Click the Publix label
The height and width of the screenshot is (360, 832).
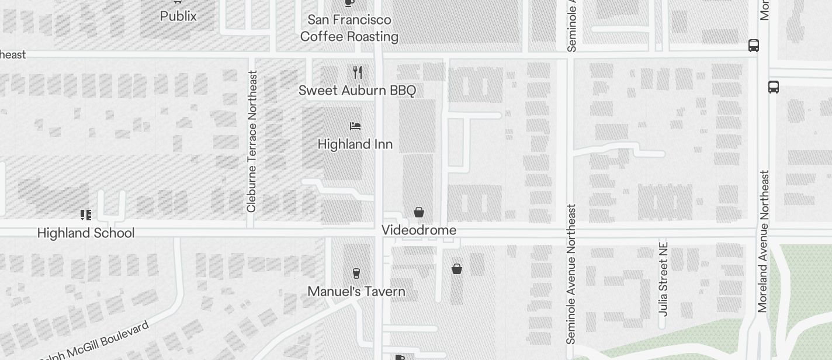point(178,16)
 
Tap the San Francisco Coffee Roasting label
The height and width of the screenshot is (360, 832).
point(349,28)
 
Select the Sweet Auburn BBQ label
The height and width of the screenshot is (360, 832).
point(357,91)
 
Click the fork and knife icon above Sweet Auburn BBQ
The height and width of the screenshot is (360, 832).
point(358,72)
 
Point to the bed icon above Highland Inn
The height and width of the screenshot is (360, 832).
point(355,126)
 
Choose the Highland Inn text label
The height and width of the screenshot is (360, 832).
point(355,144)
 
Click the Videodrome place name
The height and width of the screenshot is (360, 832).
point(419,230)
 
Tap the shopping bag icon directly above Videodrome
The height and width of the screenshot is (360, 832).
point(419,212)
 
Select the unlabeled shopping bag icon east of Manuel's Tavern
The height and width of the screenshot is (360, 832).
point(457,269)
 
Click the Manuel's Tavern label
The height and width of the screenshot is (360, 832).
point(356,292)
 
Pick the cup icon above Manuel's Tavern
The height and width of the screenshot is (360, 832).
point(356,273)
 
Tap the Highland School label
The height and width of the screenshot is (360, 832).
point(86,233)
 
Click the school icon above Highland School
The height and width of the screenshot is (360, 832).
point(86,215)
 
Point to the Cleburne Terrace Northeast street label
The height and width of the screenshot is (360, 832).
point(252,141)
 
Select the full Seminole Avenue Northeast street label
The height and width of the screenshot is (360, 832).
point(571,274)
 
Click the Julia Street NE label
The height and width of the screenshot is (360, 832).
point(663,279)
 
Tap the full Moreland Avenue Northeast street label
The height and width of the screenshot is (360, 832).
point(763,241)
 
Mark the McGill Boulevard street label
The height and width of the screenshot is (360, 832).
point(96,342)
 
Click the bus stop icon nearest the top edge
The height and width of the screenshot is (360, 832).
point(754,46)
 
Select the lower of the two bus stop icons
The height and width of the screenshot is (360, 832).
point(774,87)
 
